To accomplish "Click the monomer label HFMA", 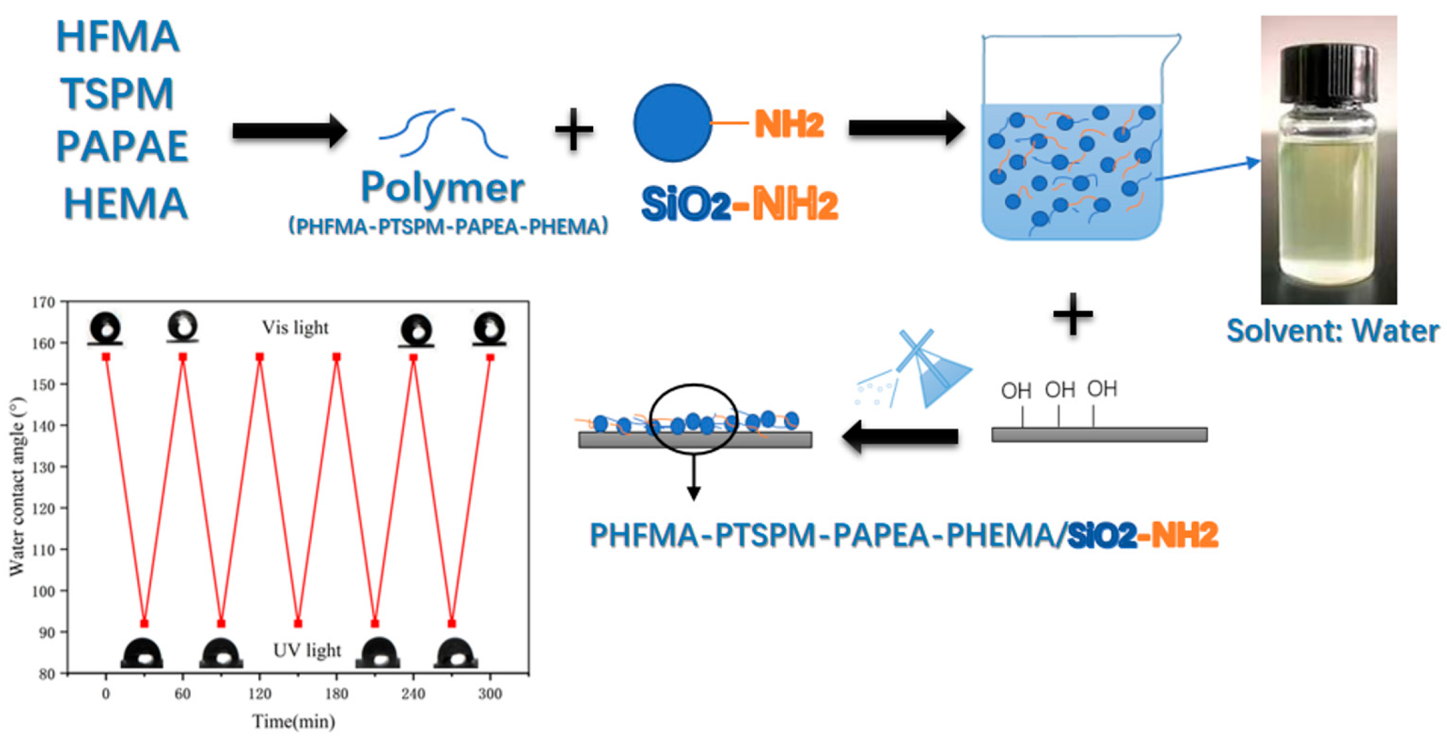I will point(118,37).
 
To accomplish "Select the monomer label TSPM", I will point(118,93).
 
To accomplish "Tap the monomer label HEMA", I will point(126,204).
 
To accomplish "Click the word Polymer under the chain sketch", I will point(443,188).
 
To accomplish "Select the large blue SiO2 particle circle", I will point(673,123).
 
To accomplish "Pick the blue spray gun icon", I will point(929,371).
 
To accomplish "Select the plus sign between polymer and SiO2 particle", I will point(573,130).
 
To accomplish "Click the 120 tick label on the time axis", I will point(259,694).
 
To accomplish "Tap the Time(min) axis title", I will point(294,722).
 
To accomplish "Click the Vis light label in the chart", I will point(295,328).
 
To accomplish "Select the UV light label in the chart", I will point(307,651).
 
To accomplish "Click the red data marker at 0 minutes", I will point(106,357).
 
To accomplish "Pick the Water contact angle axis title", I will point(17,487).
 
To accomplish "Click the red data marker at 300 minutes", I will point(490,357).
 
